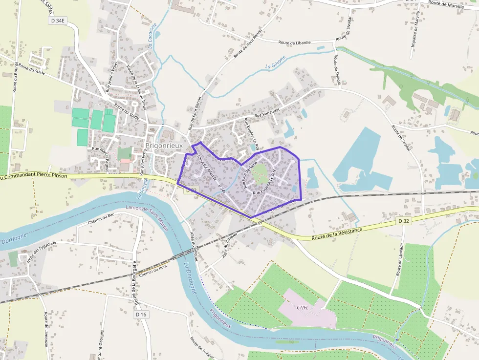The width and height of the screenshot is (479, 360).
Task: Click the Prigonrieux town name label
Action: [x=164, y=146]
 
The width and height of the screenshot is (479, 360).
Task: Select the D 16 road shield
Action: [x=141, y=315]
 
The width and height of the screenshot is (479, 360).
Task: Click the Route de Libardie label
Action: [x=294, y=43]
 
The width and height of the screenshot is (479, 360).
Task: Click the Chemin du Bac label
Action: [x=101, y=222]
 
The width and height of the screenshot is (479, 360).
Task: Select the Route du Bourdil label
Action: [x=16, y=77]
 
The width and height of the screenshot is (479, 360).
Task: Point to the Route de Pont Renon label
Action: [x=247, y=44]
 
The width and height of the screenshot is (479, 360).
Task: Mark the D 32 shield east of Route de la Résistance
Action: [x=403, y=221]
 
